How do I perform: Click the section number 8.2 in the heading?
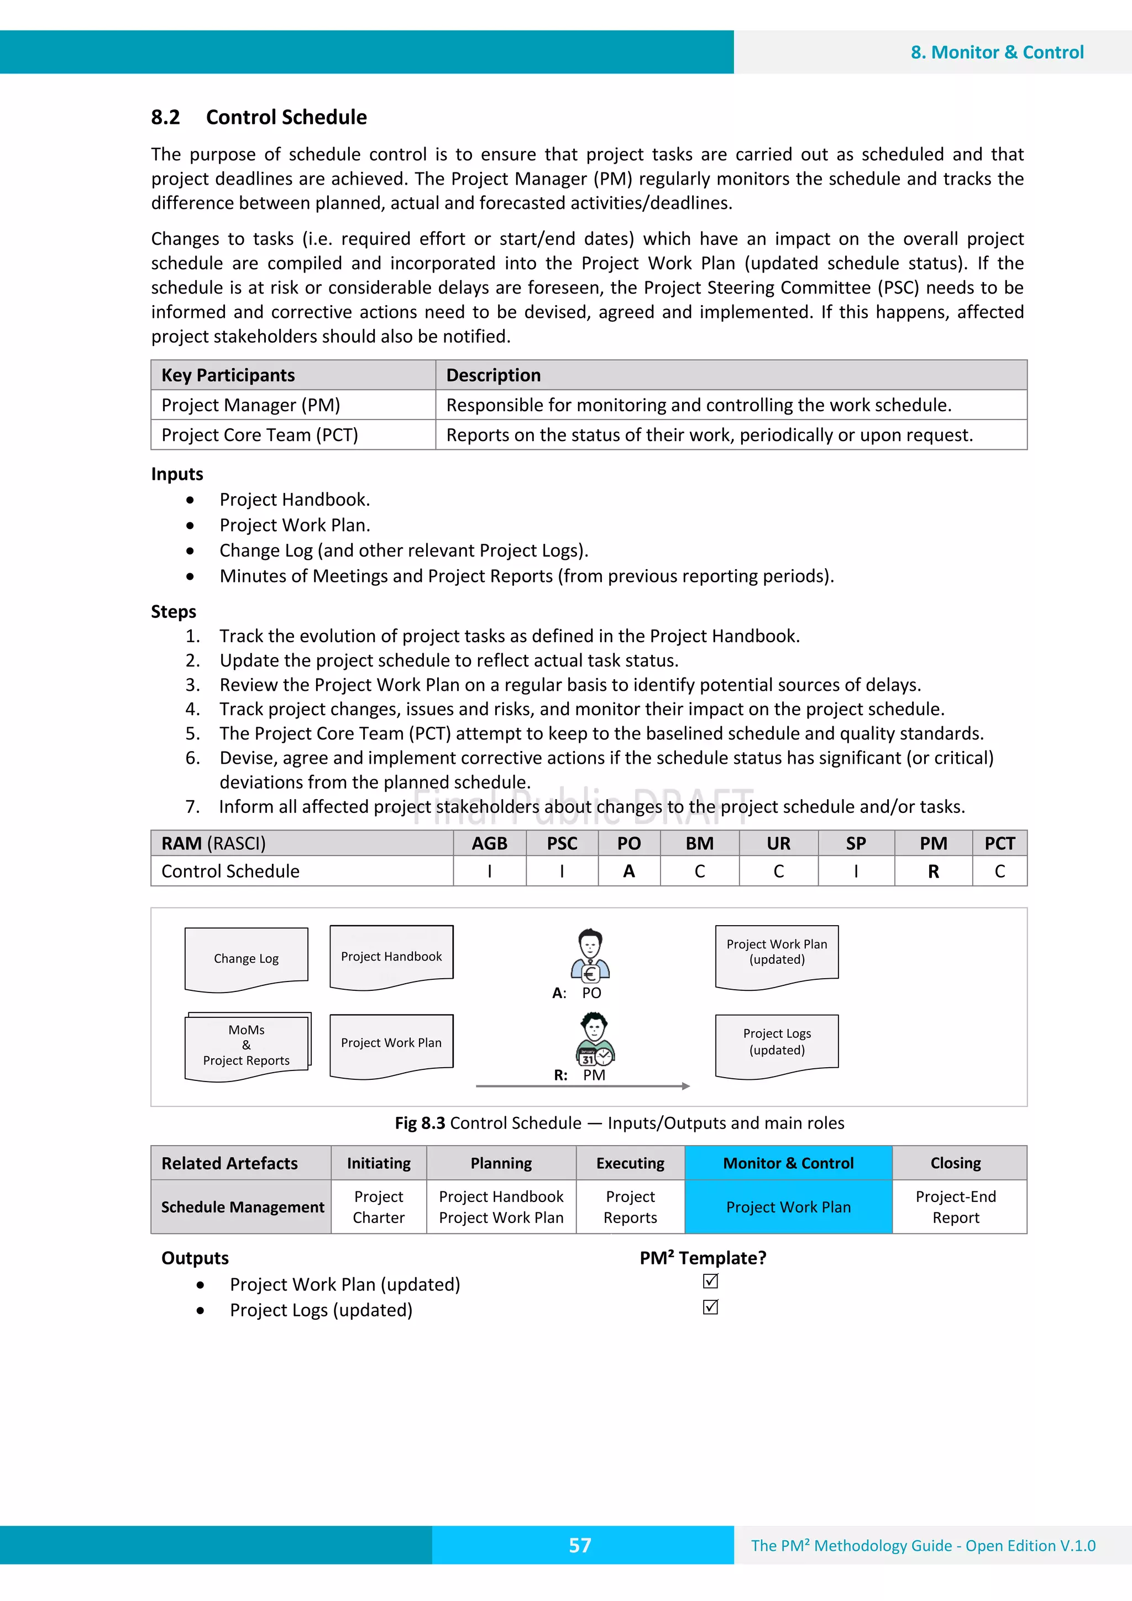coord(165,117)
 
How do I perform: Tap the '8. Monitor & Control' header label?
coord(997,53)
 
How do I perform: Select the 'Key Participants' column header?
coord(228,375)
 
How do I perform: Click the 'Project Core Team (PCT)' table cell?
coord(259,435)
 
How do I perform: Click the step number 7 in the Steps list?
coord(192,807)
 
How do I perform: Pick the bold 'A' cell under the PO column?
coord(628,872)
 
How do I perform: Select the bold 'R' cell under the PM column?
coord(933,872)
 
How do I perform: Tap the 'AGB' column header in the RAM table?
coord(489,844)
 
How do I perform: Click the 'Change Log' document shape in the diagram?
coord(246,959)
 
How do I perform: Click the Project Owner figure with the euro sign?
coord(590,956)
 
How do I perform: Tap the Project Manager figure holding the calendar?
coord(594,1040)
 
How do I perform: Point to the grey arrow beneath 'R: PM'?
coord(583,1086)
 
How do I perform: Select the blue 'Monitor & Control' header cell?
coord(788,1163)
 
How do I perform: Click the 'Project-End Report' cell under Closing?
coord(956,1207)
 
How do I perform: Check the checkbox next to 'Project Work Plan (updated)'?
coord(710,1281)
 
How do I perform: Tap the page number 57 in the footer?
coord(580,1545)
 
